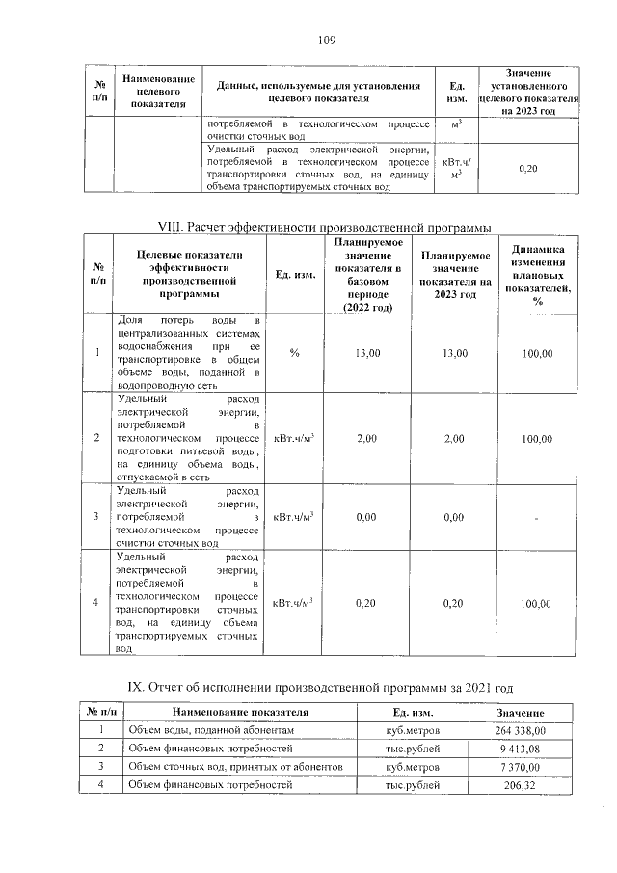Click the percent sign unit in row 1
294,354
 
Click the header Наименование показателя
240,712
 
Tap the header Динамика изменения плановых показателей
537,275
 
